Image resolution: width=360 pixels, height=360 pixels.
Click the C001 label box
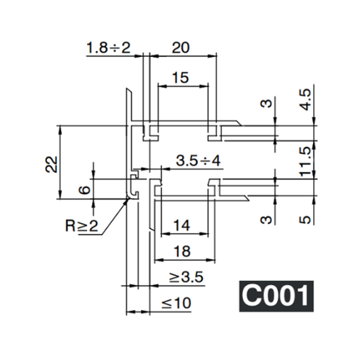(x=276, y=295)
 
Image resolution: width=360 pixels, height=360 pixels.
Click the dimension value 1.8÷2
(x=108, y=47)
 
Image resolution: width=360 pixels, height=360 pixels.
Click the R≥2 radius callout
(x=80, y=226)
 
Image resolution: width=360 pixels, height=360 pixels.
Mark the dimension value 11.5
(x=306, y=161)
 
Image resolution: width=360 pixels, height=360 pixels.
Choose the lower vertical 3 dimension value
(x=268, y=219)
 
